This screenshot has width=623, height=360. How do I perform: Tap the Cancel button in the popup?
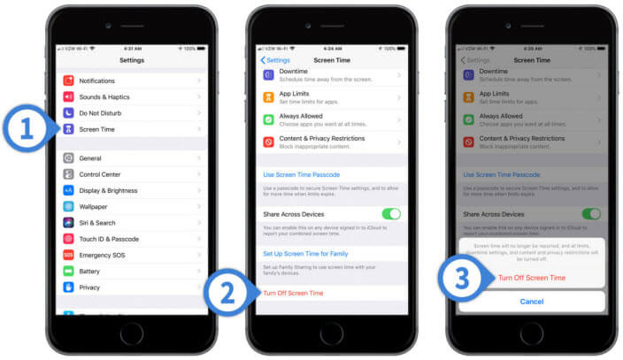531,302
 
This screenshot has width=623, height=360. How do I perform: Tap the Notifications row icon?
68,80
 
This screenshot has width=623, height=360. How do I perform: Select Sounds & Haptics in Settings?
104,96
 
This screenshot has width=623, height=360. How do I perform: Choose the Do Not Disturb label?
100,113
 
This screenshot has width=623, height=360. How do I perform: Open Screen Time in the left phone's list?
96,129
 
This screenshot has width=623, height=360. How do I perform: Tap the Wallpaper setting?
94,206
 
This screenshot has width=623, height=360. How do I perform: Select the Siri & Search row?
97,223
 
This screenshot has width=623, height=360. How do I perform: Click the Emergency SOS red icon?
68,255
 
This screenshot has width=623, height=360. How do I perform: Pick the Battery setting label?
89,272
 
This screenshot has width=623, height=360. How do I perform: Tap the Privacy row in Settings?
89,287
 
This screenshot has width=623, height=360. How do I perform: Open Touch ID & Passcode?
109,239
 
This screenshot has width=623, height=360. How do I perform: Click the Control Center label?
100,174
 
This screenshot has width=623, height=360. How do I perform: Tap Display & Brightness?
108,190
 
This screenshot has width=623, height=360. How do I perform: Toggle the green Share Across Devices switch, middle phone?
390,214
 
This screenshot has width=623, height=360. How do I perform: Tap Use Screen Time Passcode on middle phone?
302,175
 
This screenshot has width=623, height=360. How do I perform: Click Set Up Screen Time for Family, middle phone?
304,254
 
